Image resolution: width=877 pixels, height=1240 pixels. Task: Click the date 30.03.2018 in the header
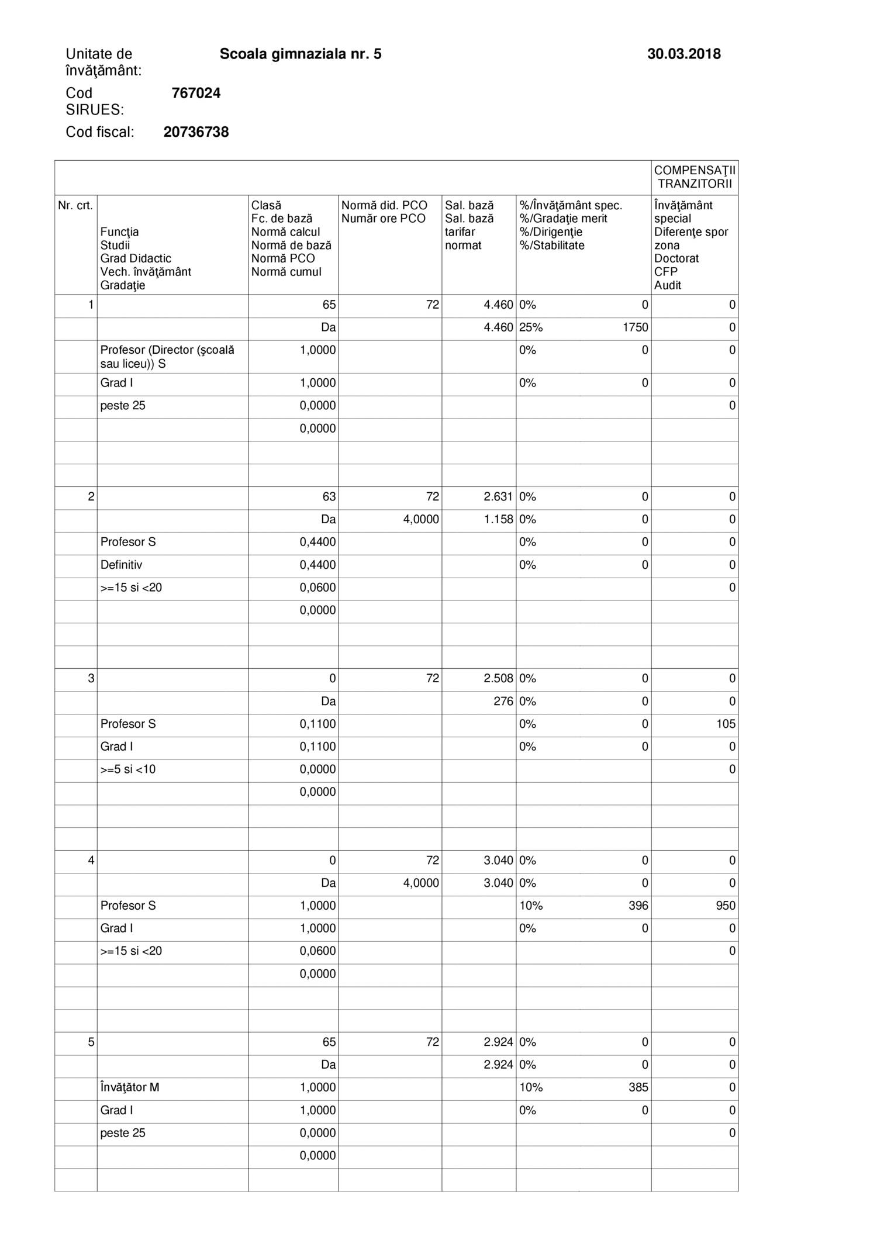click(683, 54)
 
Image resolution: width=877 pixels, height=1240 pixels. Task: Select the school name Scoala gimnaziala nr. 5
click(301, 54)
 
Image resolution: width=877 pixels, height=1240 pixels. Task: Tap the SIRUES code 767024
click(196, 94)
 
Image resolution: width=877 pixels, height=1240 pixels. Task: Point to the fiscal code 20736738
click(196, 132)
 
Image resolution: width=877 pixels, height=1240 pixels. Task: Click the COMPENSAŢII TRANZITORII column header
click(695, 177)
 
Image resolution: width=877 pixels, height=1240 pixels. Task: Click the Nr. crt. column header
click(75, 206)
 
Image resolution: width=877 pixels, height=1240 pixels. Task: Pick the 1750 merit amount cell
click(635, 328)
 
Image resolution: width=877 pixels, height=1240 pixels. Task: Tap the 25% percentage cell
click(531, 328)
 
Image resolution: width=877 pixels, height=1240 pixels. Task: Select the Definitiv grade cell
click(121, 565)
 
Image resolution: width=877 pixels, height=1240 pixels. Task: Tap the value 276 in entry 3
click(503, 702)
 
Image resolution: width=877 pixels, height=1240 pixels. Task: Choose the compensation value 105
click(726, 724)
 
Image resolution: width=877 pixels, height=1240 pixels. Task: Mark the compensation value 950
click(726, 906)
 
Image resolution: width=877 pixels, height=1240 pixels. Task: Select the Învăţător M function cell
click(130, 1087)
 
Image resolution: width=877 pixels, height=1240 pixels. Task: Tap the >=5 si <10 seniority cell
click(128, 769)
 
